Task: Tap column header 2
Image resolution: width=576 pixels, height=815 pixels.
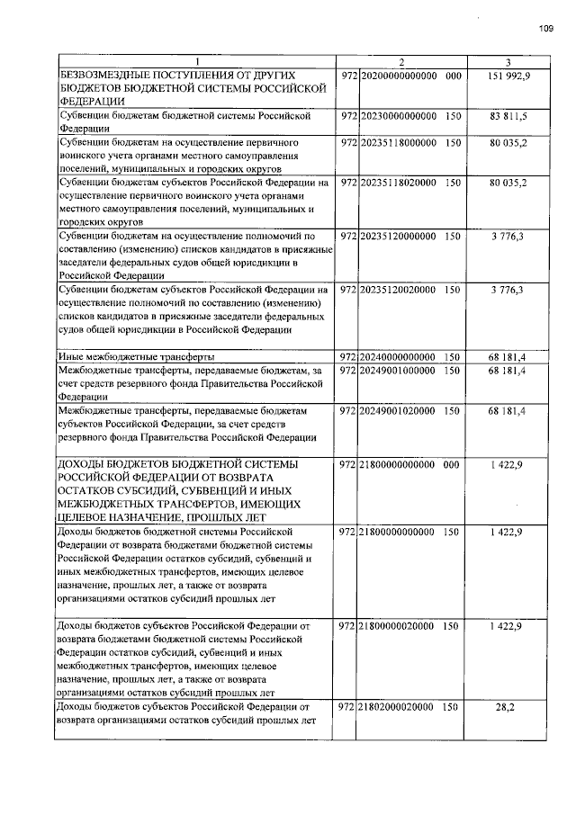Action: tap(401, 61)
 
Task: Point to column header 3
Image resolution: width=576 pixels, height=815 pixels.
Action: tap(508, 61)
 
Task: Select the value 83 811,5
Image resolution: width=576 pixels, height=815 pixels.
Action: tap(508, 117)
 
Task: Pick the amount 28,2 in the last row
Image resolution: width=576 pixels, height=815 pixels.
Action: tap(508, 707)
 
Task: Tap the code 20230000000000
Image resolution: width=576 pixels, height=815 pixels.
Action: tap(398, 117)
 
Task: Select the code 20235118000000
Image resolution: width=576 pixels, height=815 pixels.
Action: tap(398, 142)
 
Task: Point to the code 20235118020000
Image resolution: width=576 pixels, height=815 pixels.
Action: tap(398, 183)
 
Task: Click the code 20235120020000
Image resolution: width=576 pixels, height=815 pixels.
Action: tap(398, 290)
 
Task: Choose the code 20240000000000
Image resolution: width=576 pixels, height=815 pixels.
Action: tap(398, 357)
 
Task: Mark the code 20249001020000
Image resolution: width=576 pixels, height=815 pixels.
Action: tap(398, 410)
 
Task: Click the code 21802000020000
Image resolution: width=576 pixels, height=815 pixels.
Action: tap(398, 707)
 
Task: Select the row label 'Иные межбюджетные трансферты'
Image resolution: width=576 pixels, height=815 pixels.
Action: tap(130, 357)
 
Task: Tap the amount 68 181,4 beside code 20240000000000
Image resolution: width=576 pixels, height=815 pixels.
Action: tap(508, 357)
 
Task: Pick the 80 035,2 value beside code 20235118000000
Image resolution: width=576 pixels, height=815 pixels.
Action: tap(508, 142)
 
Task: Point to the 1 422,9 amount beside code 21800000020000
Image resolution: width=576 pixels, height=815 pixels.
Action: tap(508, 624)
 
